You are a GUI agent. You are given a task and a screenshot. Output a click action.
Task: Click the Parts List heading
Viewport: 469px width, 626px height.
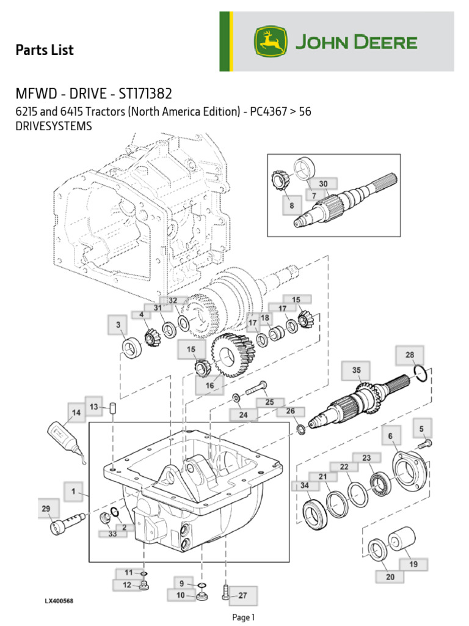click(x=44, y=50)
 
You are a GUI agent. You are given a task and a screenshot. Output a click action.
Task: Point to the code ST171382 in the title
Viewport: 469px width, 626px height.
click(x=142, y=94)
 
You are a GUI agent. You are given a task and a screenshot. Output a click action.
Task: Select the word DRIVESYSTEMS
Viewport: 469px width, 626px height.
click(x=53, y=126)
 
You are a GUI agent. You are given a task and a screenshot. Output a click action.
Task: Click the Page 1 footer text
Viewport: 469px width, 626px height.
click(x=243, y=617)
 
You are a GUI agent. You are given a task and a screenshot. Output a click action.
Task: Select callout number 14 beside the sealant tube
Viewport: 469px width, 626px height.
click(x=76, y=413)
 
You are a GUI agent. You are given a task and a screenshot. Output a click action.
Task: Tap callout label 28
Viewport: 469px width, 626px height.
click(x=410, y=355)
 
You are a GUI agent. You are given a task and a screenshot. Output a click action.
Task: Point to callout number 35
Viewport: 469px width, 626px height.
click(x=356, y=370)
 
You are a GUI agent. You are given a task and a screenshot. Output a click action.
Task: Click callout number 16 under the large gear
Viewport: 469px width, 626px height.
click(x=209, y=386)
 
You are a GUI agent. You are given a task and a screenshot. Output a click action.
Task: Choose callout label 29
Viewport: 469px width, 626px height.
click(x=46, y=509)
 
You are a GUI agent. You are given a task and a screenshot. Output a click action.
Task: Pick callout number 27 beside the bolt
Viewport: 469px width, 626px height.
click(x=242, y=595)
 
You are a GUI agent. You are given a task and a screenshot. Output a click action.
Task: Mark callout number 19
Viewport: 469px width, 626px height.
click(x=413, y=564)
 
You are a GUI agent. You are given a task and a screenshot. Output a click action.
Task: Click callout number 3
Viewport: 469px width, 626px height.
click(x=118, y=326)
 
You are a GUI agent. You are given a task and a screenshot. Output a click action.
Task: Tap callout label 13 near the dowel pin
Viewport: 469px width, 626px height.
click(x=93, y=407)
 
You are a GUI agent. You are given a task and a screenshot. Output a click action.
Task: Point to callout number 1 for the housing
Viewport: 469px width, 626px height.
click(x=73, y=491)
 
